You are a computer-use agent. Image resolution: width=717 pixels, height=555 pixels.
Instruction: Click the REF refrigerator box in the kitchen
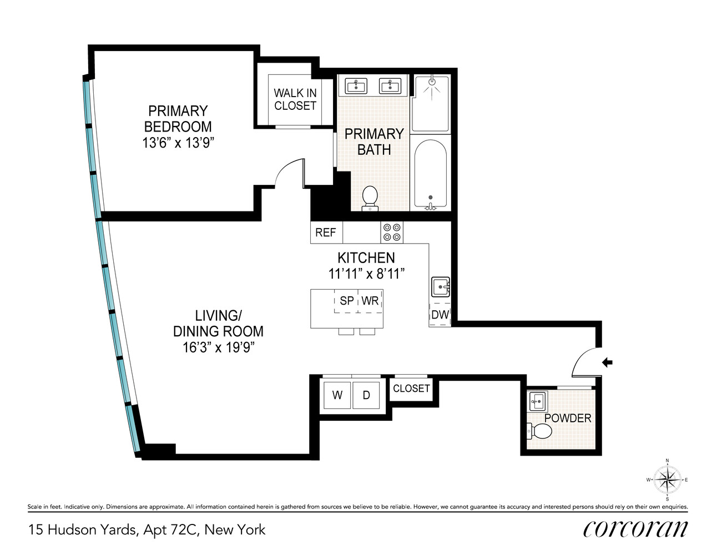pyautogui.click(x=326, y=233)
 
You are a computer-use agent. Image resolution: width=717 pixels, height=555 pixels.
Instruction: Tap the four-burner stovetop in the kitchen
pyautogui.click(x=392, y=233)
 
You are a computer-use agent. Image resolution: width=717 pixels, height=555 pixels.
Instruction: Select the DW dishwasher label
pyautogui.click(x=440, y=315)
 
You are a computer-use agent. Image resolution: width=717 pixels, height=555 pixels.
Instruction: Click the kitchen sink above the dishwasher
pyautogui.click(x=441, y=287)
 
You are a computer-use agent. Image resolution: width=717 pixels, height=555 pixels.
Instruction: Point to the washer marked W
pyautogui.click(x=337, y=395)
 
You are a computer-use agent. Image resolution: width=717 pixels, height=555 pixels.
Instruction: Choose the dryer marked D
pyautogui.click(x=366, y=395)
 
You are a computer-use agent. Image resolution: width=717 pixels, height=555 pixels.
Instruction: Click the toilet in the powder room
pyautogui.click(x=539, y=431)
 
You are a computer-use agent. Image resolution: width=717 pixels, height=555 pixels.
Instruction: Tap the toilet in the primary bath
pyautogui.click(x=370, y=198)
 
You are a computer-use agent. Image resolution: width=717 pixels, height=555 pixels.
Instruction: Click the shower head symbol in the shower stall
pyautogui.click(x=432, y=83)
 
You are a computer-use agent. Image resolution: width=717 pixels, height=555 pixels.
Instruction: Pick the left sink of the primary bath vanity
pyautogui.click(x=356, y=86)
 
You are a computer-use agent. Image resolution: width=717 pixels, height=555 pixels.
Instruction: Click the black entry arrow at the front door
pyautogui.click(x=608, y=363)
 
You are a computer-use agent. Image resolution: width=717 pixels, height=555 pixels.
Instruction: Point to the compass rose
pyautogui.click(x=667, y=480)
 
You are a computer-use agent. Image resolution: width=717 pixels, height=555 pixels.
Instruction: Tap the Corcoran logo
pyautogui.click(x=635, y=528)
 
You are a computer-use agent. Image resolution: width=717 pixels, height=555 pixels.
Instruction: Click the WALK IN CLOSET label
pyautogui.click(x=295, y=99)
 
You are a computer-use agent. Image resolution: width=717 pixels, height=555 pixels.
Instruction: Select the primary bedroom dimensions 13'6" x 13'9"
pyautogui.click(x=178, y=143)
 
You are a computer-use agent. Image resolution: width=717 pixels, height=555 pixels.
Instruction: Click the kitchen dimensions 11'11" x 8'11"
pyautogui.click(x=366, y=274)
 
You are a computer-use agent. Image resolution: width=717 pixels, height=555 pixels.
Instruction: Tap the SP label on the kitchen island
pyautogui.click(x=347, y=301)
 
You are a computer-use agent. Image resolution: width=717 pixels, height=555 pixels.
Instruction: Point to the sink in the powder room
pyautogui.click(x=537, y=400)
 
